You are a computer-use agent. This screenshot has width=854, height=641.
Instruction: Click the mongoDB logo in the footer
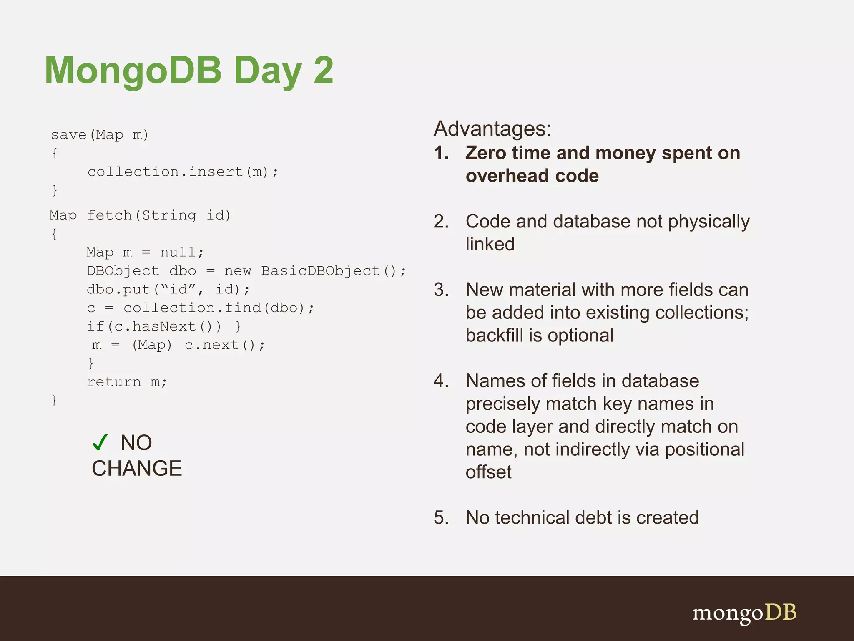coord(744,613)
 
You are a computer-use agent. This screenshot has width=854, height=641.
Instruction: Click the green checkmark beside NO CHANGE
coord(100,442)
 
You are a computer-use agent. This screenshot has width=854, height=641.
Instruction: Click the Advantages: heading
coord(492,129)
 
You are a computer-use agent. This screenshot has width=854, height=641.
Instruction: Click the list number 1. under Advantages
coord(441,153)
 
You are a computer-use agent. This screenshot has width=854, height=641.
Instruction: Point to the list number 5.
coord(441,518)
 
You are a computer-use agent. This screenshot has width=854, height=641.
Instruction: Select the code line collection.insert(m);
coord(183,172)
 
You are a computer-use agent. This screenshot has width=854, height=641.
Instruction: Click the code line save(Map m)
coord(99,135)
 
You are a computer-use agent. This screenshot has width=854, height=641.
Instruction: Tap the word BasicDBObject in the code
coord(320,271)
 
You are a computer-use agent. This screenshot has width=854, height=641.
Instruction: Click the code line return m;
coord(127,382)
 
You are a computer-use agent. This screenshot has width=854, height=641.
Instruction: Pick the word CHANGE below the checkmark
coord(137,468)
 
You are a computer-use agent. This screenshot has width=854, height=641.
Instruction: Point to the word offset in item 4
coord(488,472)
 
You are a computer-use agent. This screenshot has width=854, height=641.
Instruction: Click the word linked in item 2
coord(490,244)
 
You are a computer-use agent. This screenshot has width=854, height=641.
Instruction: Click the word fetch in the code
coord(109,216)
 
